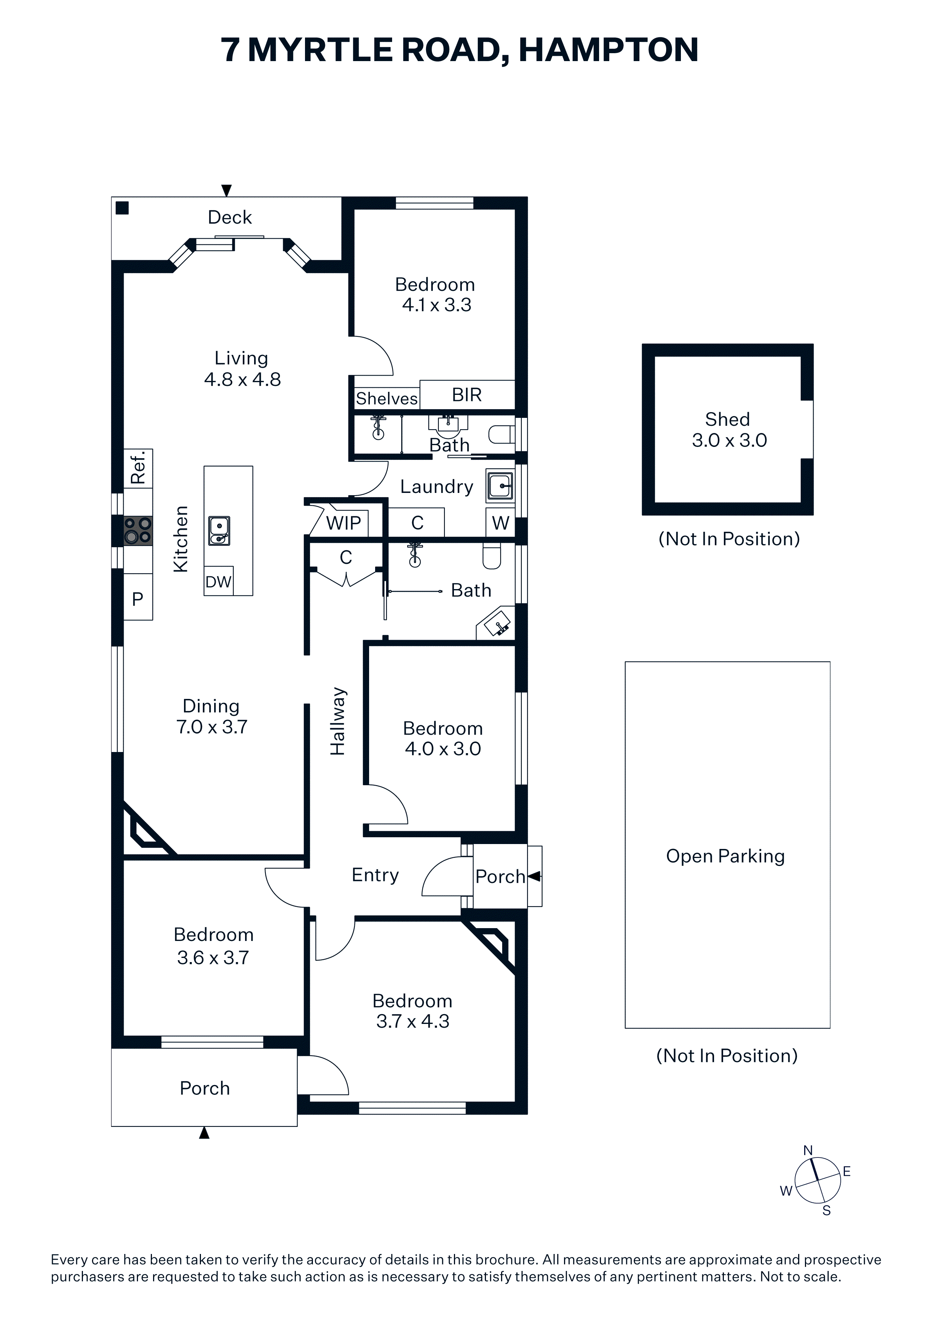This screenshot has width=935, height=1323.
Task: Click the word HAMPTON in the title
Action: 609,50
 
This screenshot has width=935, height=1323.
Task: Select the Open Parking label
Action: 725,856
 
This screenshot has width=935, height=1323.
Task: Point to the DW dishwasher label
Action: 218,582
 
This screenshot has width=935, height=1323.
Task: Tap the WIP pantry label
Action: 343,523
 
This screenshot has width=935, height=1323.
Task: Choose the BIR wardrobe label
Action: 467,395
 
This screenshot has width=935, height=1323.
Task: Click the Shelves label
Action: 386,399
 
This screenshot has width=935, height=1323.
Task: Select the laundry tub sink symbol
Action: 500,486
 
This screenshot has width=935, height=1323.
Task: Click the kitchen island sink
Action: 219,531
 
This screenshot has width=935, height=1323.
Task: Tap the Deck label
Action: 230,217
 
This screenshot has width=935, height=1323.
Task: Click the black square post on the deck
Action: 122,208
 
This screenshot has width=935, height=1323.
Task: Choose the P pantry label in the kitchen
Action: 138,599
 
